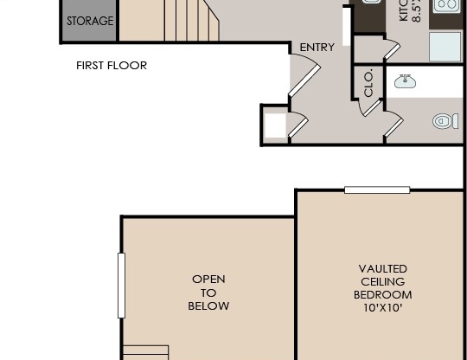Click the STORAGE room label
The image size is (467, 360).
90,21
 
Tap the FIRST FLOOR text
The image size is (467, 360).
112,65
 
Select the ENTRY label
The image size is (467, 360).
317,48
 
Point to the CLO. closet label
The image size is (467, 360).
368,82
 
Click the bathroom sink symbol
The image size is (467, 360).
406,81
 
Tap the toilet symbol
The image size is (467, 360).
445,121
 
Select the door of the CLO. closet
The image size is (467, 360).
372,107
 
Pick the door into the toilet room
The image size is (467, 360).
393,126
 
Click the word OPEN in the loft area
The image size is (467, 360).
208,279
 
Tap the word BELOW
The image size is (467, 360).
208,305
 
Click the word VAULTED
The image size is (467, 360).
382,268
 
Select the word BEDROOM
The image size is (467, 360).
382,294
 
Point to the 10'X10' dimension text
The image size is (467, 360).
382,307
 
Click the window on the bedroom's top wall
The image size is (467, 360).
376,190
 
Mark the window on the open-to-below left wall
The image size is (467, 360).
122,285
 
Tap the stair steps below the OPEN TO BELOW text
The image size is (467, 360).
145,352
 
